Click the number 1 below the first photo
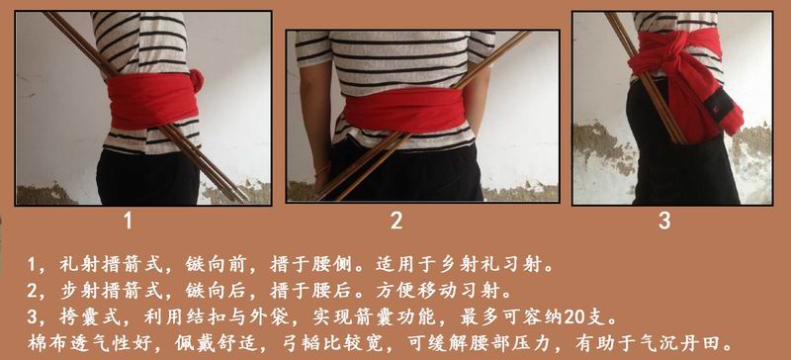coord(129,221)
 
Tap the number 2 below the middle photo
coord(396,221)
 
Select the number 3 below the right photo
coord(664,221)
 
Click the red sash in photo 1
coord(152,100)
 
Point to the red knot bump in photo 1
coord(196,80)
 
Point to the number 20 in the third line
coord(575,318)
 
